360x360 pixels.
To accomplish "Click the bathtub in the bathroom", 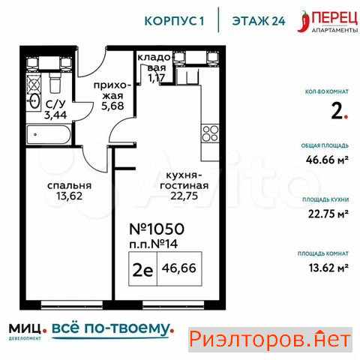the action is click(x=49, y=134).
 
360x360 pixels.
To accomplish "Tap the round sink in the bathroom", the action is click(x=34, y=101).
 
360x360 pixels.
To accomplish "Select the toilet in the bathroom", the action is click(x=55, y=82).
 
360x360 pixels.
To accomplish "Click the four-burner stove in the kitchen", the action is click(x=210, y=133).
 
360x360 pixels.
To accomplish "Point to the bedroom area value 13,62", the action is click(x=69, y=196).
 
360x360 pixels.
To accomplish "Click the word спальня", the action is click(x=70, y=185).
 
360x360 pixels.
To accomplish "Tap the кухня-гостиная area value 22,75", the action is click(x=184, y=196).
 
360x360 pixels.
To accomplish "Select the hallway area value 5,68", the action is click(x=112, y=106).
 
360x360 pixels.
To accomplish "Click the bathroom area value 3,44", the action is click(x=55, y=115).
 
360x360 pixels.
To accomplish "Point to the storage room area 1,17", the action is click(x=156, y=78).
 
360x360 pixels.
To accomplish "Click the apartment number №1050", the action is click(x=157, y=229).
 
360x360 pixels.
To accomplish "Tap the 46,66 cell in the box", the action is click(x=179, y=268).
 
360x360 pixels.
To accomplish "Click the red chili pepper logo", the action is click(x=303, y=21).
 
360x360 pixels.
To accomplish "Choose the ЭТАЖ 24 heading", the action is click(x=259, y=21).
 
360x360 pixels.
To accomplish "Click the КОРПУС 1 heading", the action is click(x=174, y=21).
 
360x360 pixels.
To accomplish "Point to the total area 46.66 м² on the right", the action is click(x=327, y=160).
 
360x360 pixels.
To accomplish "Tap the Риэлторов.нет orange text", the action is click(x=270, y=340).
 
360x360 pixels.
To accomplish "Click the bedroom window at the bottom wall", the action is click(x=72, y=304).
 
